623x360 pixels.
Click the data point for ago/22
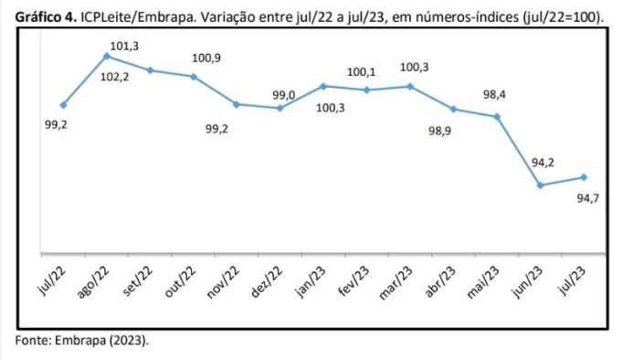point(107,57)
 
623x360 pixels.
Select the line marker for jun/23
point(541,185)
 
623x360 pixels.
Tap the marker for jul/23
point(584,177)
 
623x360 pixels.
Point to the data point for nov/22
point(237,104)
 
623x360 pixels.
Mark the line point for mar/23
point(410,87)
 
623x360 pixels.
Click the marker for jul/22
point(63,105)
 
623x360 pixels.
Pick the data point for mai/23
point(497,117)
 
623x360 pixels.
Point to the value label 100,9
point(206,58)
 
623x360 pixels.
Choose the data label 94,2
point(543,163)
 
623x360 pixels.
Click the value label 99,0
point(283,95)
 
